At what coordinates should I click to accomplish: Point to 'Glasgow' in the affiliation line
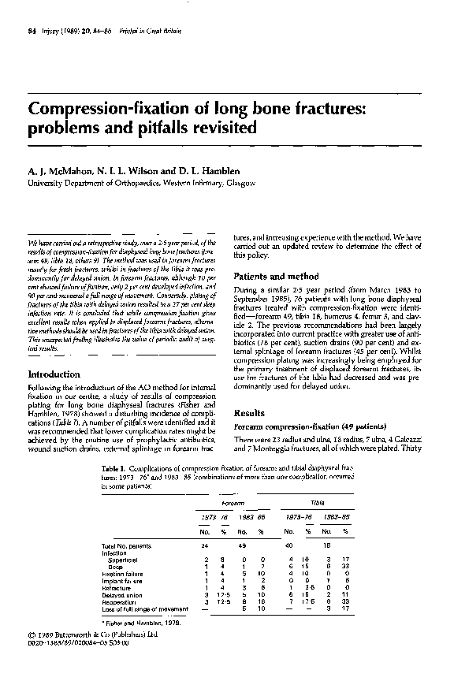coord(236,183)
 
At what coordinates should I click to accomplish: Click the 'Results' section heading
coord(251,412)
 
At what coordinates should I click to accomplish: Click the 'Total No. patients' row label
coord(126,545)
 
